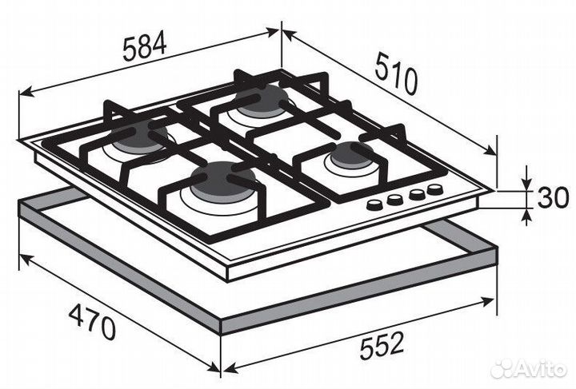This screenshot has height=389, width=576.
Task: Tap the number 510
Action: [395, 73]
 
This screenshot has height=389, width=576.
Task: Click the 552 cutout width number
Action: [377, 345]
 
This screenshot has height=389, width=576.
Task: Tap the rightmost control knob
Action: [434, 189]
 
